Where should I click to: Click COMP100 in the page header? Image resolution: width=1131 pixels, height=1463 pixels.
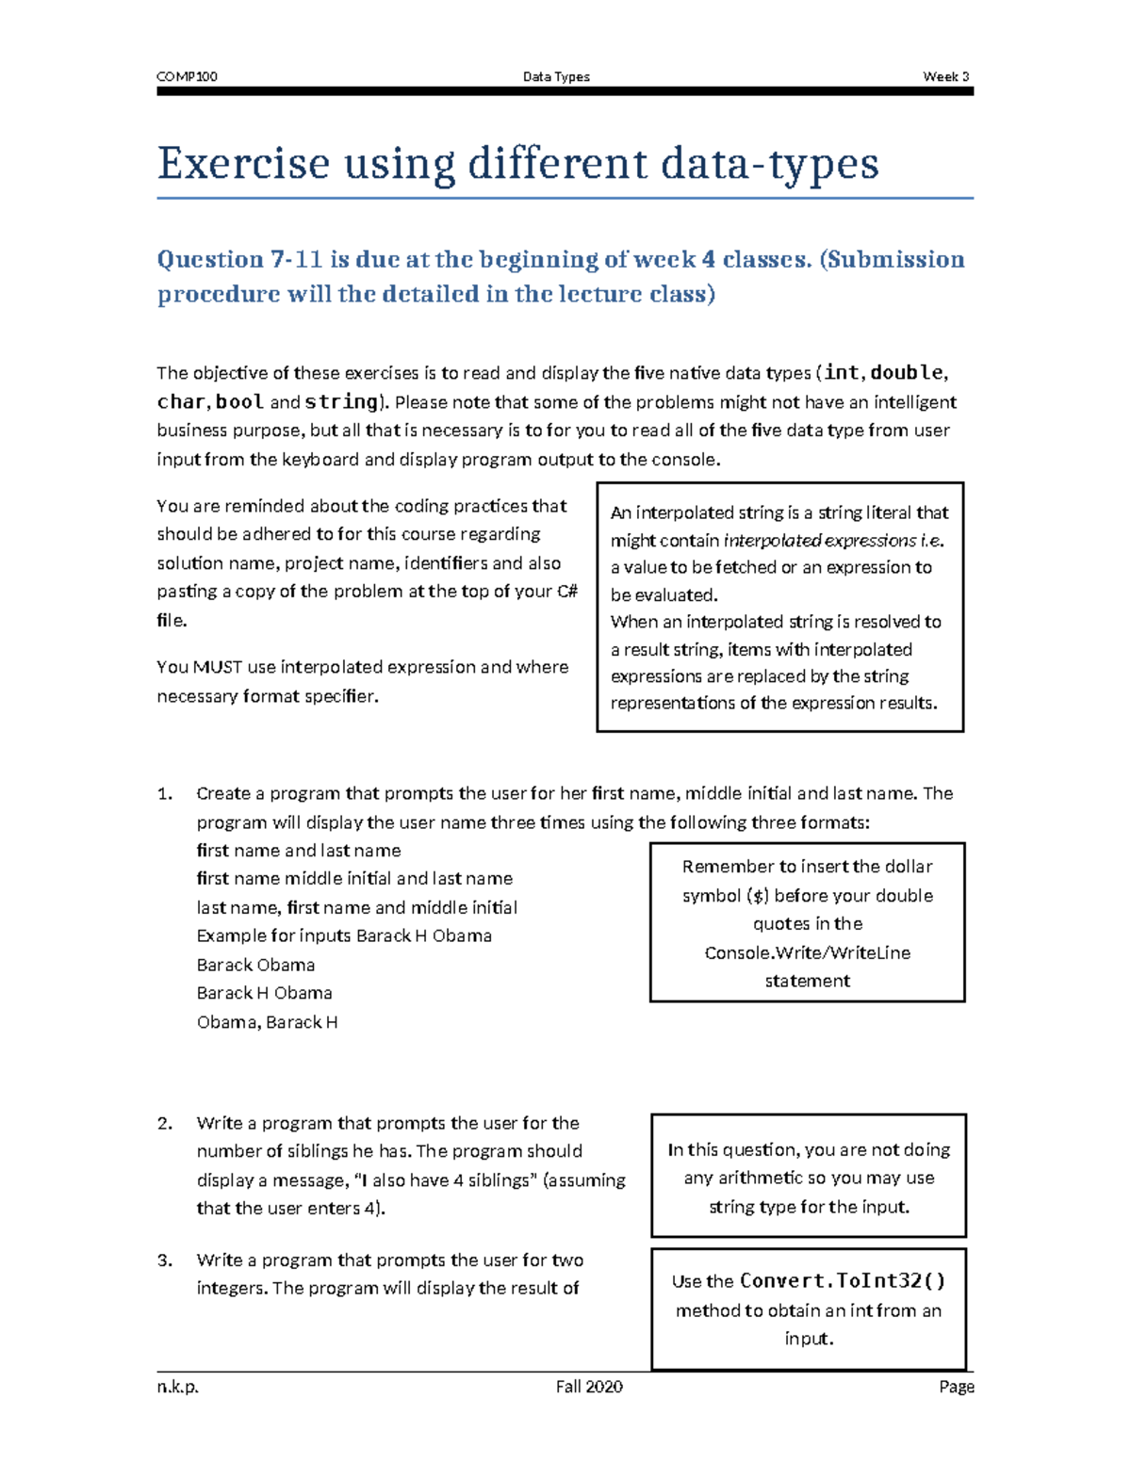[x=187, y=76]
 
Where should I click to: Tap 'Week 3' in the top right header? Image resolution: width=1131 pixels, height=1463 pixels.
[x=946, y=76]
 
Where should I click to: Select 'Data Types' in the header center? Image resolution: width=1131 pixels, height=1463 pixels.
[x=556, y=76]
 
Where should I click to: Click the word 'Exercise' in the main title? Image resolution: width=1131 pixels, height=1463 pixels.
[x=243, y=163]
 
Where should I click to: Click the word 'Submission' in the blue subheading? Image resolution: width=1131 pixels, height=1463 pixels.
[x=892, y=259]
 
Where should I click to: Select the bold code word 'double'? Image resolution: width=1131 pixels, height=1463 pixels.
[x=907, y=372]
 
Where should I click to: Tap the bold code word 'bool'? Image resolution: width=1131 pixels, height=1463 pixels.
[x=239, y=401]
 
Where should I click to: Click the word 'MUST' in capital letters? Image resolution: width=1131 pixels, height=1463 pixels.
[x=218, y=667]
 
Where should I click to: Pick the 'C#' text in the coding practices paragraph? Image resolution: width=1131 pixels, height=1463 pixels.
[x=567, y=592]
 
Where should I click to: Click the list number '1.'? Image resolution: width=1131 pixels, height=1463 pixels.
[x=165, y=793]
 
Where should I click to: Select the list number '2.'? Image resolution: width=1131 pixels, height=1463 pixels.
[x=165, y=1123]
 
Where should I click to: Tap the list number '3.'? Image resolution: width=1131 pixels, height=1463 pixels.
[x=165, y=1260]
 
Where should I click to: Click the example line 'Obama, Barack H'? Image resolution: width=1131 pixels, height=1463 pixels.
[x=267, y=1022]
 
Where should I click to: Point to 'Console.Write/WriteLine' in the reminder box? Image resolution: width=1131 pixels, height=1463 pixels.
[x=808, y=952]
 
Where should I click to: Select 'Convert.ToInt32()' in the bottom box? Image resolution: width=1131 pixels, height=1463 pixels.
[x=843, y=1281]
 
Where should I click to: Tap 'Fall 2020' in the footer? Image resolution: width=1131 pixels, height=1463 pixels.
[x=589, y=1387]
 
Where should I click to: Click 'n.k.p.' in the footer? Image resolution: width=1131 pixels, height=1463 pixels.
[x=178, y=1387]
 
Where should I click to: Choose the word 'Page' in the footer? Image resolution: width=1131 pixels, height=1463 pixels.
[x=956, y=1387]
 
